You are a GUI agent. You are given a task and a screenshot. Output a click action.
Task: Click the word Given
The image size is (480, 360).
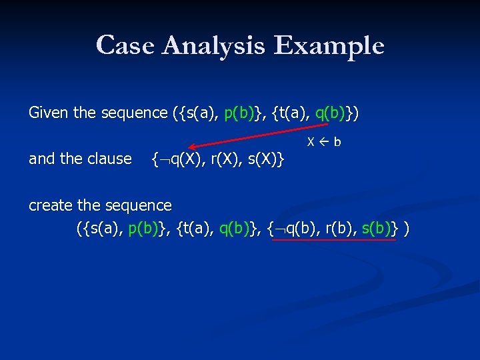pyautogui.click(x=49, y=113)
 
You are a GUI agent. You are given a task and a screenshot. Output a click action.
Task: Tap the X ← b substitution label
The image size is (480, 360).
pyautogui.click(x=324, y=142)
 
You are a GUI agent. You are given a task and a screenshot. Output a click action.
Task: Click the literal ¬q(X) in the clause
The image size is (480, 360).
pyautogui.click(x=177, y=159)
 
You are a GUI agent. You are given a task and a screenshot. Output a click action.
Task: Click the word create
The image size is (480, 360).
pyautogui.click(x=49, y=205)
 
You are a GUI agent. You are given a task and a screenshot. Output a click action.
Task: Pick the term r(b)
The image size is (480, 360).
pyautogui.click(x=337, y=229)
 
